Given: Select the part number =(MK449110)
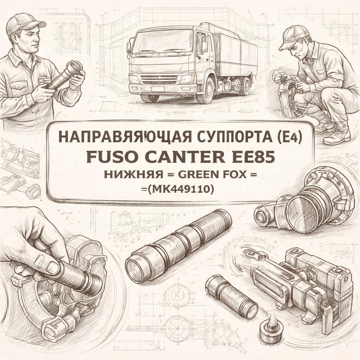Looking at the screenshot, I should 180,189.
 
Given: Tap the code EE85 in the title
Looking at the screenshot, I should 256,157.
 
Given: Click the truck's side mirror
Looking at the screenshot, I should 204,45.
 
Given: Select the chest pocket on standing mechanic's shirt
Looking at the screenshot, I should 17,85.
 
